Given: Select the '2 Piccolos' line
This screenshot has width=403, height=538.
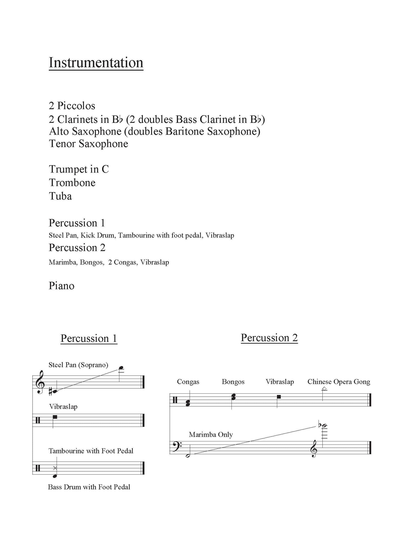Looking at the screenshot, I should coord(72,106).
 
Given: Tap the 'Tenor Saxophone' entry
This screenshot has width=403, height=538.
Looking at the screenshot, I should coord(88,144).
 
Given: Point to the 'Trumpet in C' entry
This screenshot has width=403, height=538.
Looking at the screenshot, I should coord(79,169).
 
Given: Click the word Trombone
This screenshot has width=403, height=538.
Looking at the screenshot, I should coord(72,183).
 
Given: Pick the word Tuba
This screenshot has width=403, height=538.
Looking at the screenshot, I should coord(61,196).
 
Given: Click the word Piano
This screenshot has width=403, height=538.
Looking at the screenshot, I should coord(61,286).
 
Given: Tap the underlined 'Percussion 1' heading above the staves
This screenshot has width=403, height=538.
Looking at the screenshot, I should coord(89,338).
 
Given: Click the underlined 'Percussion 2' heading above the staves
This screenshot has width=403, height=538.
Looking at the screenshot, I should coord(269,338).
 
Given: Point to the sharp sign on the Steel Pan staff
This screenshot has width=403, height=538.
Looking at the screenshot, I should coord(50,392).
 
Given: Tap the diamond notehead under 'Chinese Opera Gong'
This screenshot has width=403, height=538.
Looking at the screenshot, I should coord(324,389).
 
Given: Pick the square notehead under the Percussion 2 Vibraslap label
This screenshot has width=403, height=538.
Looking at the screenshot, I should coord(279,397).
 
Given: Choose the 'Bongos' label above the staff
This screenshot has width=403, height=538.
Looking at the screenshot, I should coord(233,382).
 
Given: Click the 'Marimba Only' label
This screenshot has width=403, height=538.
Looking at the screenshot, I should coord(211,435).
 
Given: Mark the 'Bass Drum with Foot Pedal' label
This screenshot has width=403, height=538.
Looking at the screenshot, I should coord(89,487).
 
